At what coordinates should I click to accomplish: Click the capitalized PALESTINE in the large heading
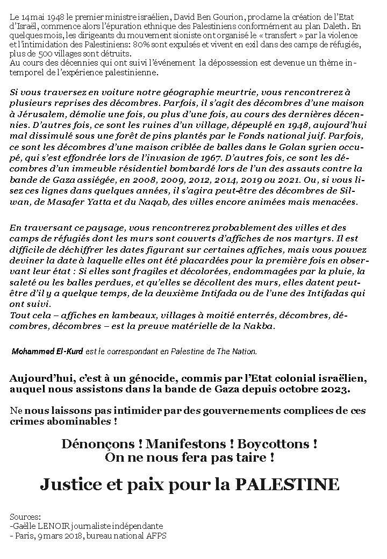[x=288, y=484]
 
